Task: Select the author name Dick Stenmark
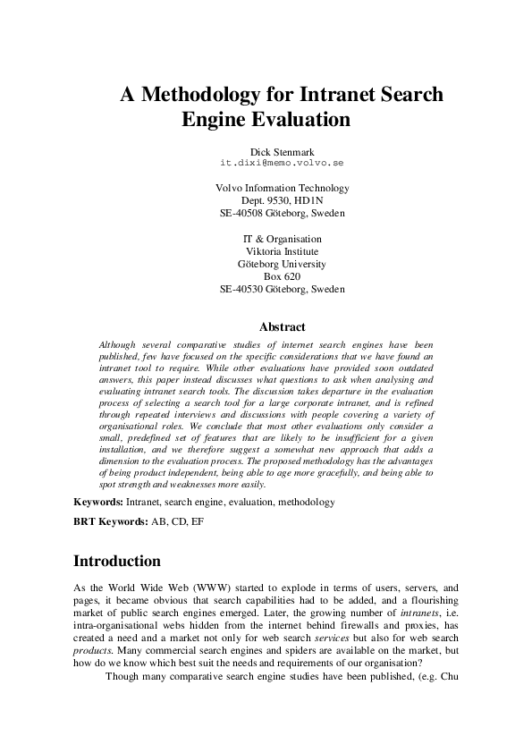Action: tap(282, 152)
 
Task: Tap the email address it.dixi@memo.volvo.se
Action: tap(282, 164)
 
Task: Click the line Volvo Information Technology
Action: tap(283, 189)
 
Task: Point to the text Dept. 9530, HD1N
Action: tap(283, 201)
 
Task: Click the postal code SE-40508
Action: tap(243, 214)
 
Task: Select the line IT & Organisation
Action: tap(283, 239)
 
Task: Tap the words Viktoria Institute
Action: tap(283, 251)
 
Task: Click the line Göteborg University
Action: tap(283, 264)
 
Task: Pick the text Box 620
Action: tap(283, 276)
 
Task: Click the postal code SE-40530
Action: tap(243, 289)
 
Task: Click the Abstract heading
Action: tap(282, 327)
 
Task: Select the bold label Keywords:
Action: tap(98, 503)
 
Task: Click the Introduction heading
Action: tap(116, 562)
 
